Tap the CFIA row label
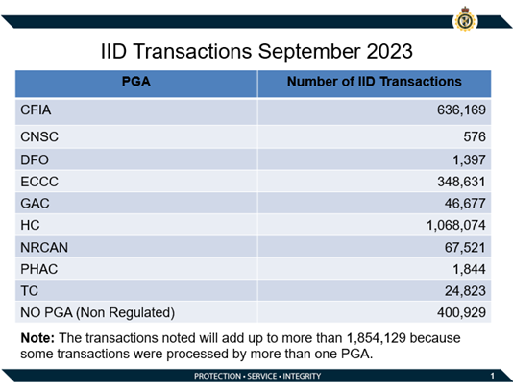click(37, 111)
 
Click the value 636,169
click(462, 111)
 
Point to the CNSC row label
click(38, 137)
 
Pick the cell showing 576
click(475, 137)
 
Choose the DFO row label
click(34, 159)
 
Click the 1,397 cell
click(470, 159)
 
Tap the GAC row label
click(35, 204)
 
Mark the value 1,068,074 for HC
click(456, 226)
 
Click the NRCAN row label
click(43, 248)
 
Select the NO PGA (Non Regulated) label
click(97, 314)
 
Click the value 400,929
click(462, 314)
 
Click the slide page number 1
click(491, 375)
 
